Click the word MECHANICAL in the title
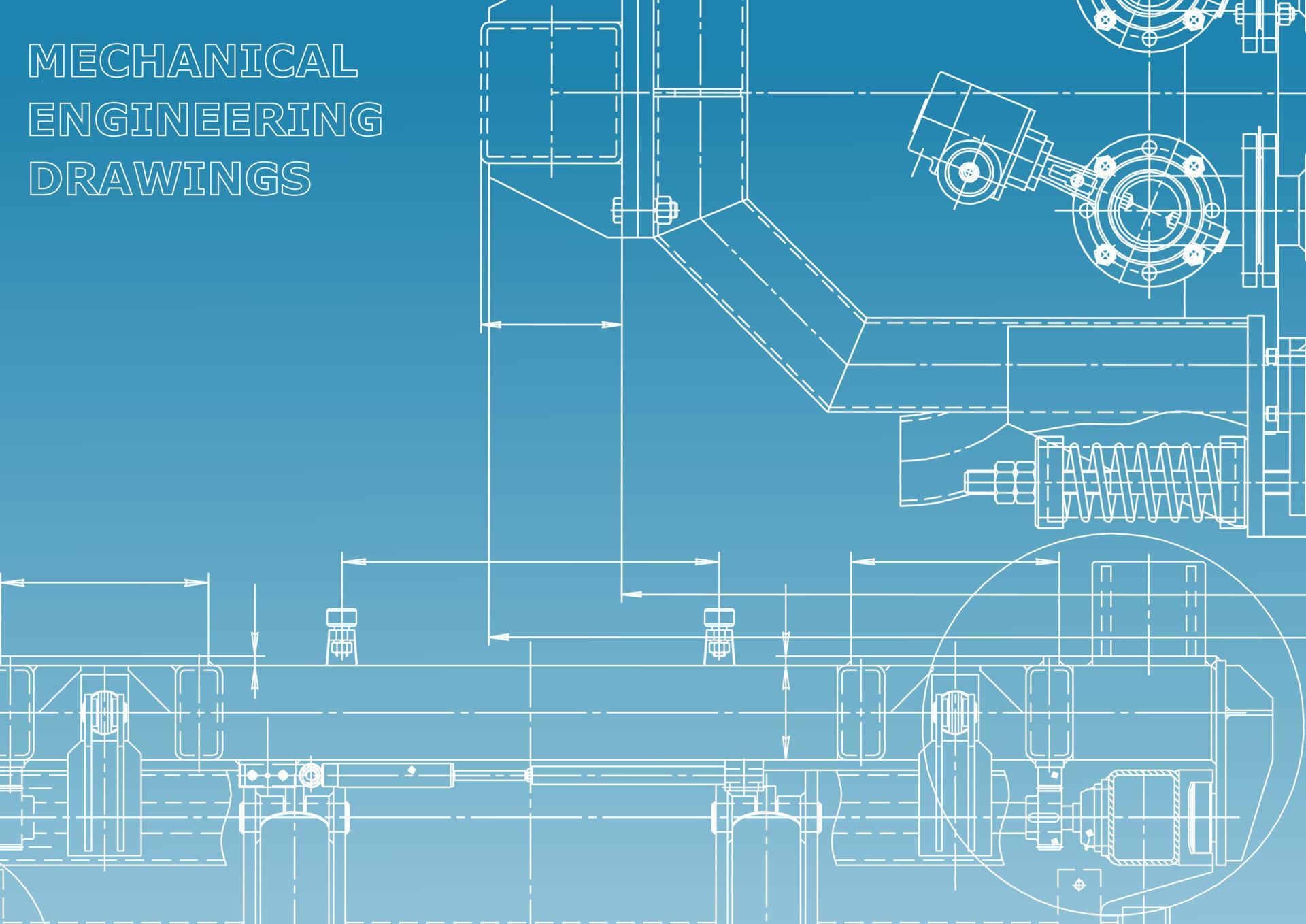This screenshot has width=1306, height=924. click(x=192, y=61)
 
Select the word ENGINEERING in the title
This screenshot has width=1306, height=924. click(x=205, y=119)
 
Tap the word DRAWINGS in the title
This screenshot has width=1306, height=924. click(x=170, y=178)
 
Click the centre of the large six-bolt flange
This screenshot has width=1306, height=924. click(x=1149, y=210)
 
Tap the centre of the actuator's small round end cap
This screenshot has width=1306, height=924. click(x=967, y=172)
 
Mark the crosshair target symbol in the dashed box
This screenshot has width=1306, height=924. click(x=1078, y=885)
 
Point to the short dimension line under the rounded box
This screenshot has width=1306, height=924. click(x=551, y=325)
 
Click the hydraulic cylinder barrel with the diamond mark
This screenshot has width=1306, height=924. click(x=388, y=774)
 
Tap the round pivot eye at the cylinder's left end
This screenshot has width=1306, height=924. click(x=309, y=775)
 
